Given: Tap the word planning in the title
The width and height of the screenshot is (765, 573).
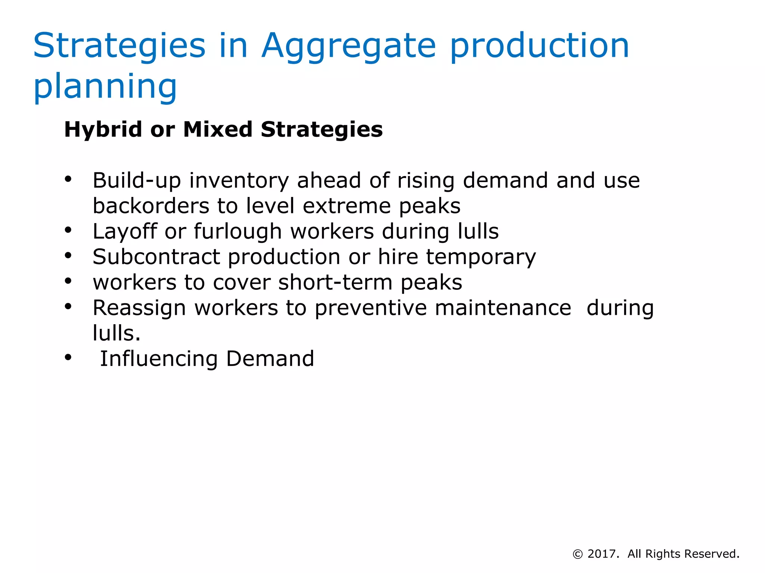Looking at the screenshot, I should coord(105,87).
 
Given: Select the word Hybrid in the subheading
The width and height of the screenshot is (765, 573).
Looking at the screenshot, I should coord(103,129).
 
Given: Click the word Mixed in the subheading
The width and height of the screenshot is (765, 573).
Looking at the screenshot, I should coord(218,129).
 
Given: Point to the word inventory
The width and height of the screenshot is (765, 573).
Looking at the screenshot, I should coord(239,181).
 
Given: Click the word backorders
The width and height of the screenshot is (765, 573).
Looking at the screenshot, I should coord(151,206).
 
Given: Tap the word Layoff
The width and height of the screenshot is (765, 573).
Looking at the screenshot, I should coord(124,232).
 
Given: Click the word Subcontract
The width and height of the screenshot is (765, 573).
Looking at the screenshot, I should coord(156,257).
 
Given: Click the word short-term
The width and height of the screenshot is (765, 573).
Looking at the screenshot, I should coord(335,282).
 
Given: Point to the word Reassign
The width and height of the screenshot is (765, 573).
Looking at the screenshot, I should coord(139,309).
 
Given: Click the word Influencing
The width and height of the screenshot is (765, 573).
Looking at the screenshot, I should coord(159,359).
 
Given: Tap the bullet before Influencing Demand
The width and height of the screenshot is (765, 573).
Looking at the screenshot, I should coord(68,357).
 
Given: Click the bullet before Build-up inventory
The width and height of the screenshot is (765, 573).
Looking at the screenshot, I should coord(68,179).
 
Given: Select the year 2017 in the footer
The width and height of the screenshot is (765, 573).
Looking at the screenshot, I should coord(602,554).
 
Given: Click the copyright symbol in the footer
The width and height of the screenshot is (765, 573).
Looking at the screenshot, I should coord(577,554).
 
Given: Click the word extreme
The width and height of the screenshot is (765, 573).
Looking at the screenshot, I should coord(346,206).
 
